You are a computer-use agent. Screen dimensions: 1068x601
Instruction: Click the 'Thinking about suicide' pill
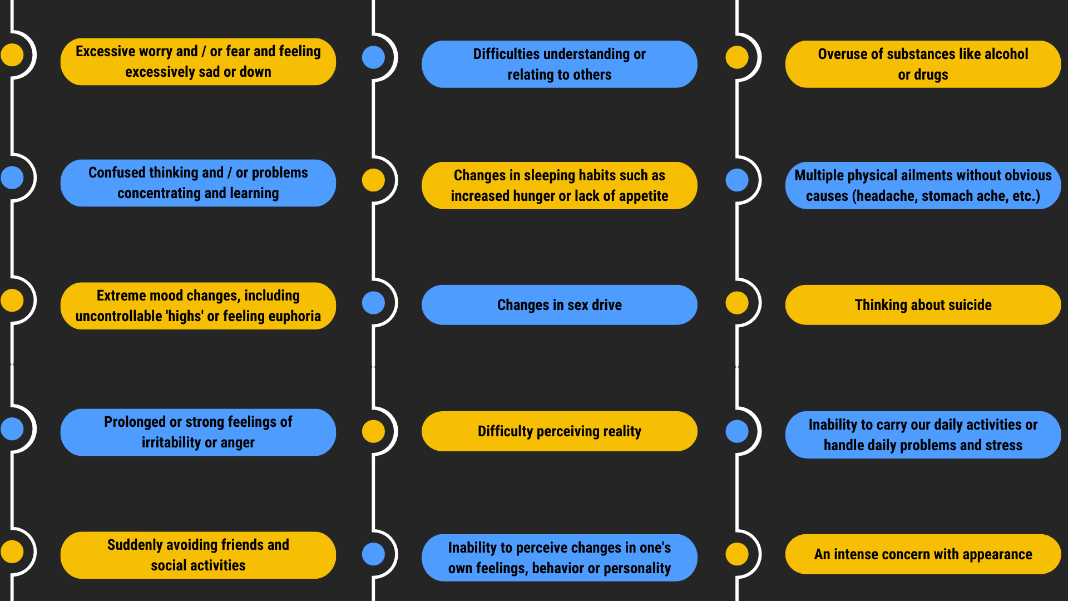(x=923, y=305)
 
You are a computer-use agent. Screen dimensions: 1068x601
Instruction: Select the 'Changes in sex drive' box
(x=559, y=305)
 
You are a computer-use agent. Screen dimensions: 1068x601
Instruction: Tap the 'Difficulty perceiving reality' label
(x=559, y=431)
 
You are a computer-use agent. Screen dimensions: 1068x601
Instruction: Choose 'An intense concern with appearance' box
(x=923, y=554)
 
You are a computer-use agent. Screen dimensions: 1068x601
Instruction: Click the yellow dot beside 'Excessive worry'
(x=12, y=55)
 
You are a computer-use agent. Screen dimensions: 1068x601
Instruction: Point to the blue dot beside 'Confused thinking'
(x=12, y=178)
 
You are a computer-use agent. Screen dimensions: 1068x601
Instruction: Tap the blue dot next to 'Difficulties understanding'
(x=373, y=57)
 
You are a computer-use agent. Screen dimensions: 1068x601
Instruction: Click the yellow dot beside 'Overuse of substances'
(x=737, y=57)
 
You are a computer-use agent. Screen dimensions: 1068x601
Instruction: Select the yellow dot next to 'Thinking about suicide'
(x=737, y=303)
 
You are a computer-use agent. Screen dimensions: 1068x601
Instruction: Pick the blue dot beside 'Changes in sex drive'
(x=373, y=303)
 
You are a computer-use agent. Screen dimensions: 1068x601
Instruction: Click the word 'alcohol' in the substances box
(x=1006, y=54)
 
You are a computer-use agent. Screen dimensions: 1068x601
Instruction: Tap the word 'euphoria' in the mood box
(x=294, y=316)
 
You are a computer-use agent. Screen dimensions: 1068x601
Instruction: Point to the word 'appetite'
(x=643, y=196)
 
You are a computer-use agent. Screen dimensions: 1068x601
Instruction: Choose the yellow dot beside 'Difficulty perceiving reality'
(x=373, y=431)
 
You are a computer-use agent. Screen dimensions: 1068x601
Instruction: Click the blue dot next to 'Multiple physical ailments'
(x=737, y=180)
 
